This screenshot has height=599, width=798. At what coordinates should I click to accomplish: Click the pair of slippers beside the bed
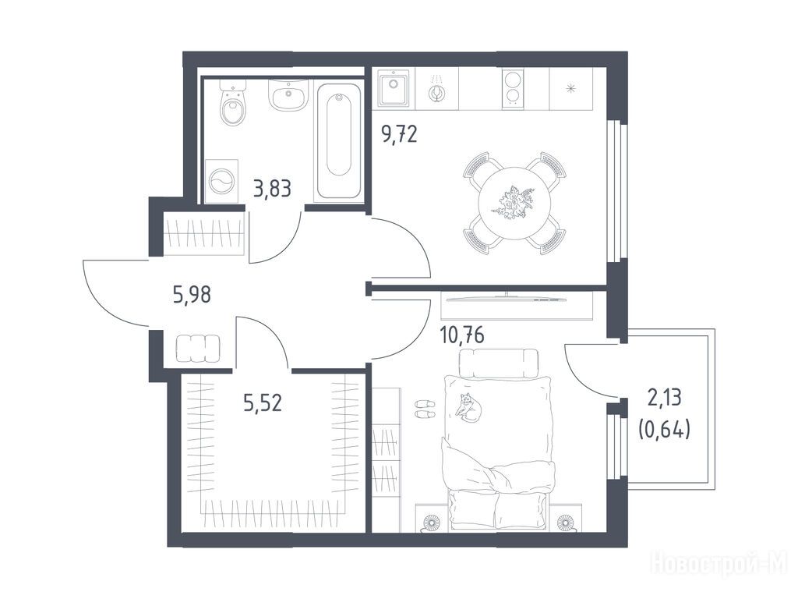click(425, 409)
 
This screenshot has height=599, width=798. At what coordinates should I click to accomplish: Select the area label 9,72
click(399, 134)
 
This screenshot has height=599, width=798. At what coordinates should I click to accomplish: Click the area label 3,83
click(272, 189)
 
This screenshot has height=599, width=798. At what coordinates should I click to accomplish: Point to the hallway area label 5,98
click(192, 294)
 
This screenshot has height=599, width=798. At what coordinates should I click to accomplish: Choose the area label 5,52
click(263, 402)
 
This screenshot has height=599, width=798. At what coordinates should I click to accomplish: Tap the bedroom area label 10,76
click(461, 335)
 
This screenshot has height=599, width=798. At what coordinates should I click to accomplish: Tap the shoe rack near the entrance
click(199, 349)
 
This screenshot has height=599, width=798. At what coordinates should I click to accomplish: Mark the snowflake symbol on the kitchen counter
click(570, 88)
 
